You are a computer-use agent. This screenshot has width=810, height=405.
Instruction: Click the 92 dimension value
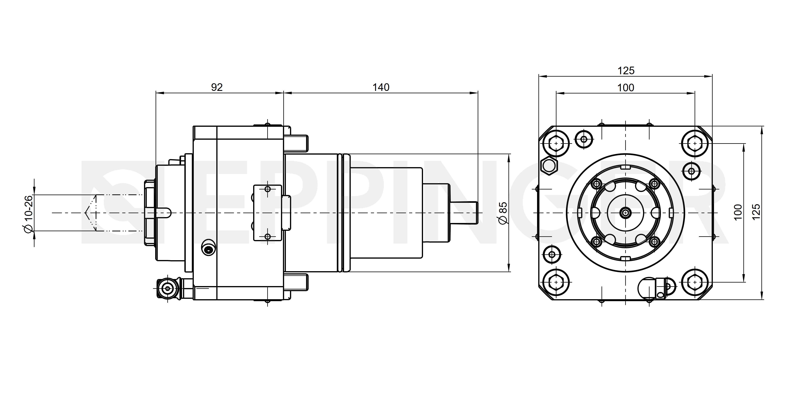217,87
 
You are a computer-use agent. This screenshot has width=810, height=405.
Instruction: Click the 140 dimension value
381,87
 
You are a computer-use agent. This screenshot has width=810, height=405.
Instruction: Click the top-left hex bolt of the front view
556,143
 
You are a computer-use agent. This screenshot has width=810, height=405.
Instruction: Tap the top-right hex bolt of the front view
695,143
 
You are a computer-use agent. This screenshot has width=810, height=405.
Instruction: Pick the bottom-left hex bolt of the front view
556,282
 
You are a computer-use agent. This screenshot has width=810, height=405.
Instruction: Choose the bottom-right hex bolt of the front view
695,282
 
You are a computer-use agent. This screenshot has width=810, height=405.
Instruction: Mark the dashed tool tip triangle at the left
91,213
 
